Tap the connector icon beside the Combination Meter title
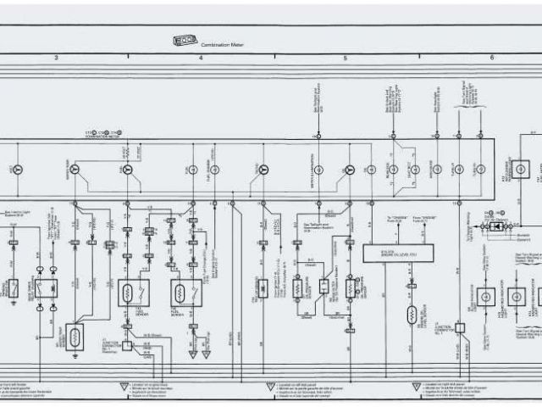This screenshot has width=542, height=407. tap(184, 40)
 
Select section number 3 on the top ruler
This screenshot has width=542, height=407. tap(56, 57)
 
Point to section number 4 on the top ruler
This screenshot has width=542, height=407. tap(201, 57)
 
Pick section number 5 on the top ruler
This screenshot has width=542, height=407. tap(346, 57)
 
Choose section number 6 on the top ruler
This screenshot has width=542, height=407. tap(491, 57)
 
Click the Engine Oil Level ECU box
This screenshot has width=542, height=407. tap(397, 253)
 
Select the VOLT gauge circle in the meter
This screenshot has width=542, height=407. tap(17, 170)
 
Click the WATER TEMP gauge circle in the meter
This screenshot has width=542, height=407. tap(128, 170)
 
